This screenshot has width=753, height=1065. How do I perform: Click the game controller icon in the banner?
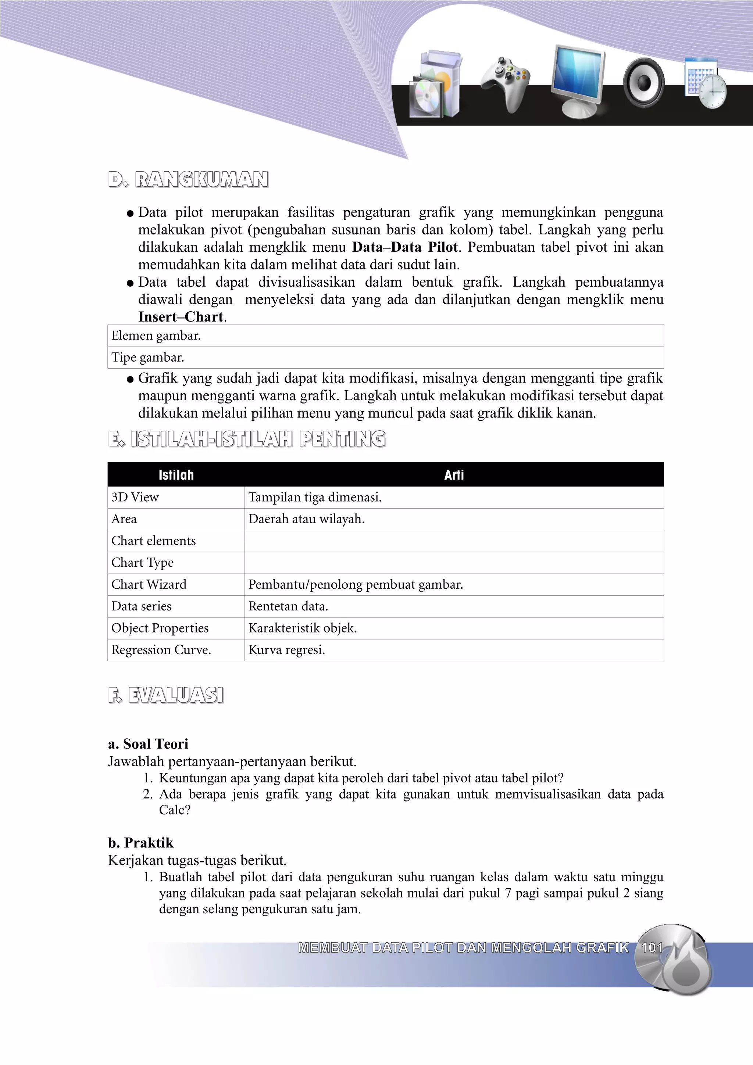point(506,83)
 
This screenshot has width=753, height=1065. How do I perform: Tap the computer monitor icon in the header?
point(578,81)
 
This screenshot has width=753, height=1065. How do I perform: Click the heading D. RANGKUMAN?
point(188,179)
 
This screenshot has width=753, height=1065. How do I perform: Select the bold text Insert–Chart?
point(181,317)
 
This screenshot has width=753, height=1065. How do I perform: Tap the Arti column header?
point(454,474)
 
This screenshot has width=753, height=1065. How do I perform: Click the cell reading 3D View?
point(135,497)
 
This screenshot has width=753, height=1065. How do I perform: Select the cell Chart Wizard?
point(149,584)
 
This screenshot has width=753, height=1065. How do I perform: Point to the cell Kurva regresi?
point(287,650)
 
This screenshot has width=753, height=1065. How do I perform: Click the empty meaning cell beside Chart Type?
point(454,563)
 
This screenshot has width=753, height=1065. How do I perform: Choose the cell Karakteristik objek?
point(303,628)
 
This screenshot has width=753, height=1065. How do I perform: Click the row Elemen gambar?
point(156,336)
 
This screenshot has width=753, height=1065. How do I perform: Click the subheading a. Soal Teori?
point(148,744)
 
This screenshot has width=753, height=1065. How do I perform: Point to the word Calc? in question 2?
point(174,810)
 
